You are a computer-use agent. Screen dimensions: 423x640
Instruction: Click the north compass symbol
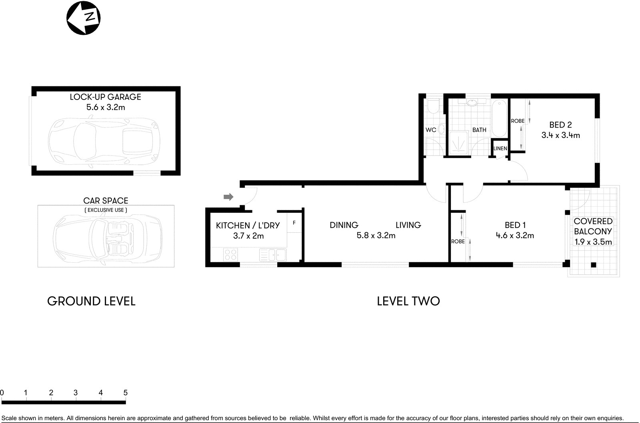click(x=83, y=18)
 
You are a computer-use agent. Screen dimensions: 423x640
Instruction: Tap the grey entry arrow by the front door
click(x=228, y=197)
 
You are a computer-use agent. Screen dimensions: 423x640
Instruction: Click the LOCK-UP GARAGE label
click(x=105, y=97)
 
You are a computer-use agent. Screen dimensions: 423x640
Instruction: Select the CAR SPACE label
click(x=106, y=201)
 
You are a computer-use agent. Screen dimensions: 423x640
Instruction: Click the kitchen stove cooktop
click(x=230, y=255)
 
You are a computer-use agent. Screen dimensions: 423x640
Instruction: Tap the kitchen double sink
click(x=272, y=254)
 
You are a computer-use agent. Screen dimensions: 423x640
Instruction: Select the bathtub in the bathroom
click(x=499, y=119)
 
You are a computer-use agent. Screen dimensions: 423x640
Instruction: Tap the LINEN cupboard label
click(x=500, y=148)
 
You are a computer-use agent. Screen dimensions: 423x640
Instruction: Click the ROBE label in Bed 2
click(x=518, y=121)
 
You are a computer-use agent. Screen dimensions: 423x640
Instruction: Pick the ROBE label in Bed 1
click(x=458, y=241)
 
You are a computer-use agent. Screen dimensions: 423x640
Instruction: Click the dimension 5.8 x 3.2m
click(x=376, y=235)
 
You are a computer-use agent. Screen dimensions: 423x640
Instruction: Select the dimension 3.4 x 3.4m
click(x=560, y=135)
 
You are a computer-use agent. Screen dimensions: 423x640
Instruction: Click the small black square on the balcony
click(x=593, y=265)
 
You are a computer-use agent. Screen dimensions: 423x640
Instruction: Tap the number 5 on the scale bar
click(x=125, y=393)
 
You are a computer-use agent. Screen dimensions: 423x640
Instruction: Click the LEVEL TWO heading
click(x=408, y=301)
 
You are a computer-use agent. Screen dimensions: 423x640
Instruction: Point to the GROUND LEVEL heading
click(x=91, y=301)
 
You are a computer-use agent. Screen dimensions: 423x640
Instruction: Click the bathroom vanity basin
click(x=472, y=103)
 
